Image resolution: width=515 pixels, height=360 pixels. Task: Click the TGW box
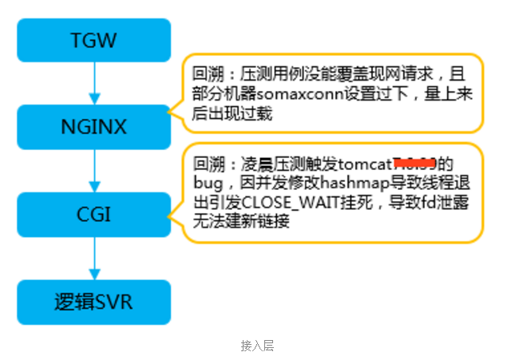(x=95, y=40)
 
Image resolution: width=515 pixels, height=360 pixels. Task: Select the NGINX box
(x=95, y=126)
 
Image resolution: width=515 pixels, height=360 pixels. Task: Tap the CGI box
(x=95, y=214)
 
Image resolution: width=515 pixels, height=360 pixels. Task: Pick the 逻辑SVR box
(x=95, y=302)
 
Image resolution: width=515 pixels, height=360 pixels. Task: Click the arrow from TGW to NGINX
(x=95, y=83)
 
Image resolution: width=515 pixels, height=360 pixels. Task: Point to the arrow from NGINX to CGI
(x=95, y=170)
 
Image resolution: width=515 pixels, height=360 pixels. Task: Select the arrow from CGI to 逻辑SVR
(x=95, y=258)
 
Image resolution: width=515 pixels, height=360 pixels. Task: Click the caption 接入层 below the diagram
(x=257, y=346)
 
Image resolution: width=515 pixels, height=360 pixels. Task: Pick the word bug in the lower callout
(x=205, y=184)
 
